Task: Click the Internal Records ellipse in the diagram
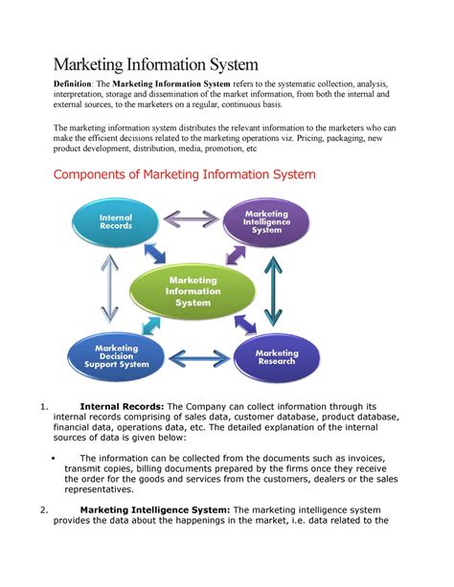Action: pyautogui.click(x=116, y=221)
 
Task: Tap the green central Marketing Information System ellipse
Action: pyautogui.click(x=193, y=291)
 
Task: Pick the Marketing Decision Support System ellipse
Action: pyautogui.click(x=116, y=356)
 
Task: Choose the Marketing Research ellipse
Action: pyautogui.click(x=277, y=358)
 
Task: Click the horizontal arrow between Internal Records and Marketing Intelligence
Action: pyautogui.click(x=191, y=218)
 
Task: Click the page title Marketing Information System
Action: pyautogui.click(x=155, y=65)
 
